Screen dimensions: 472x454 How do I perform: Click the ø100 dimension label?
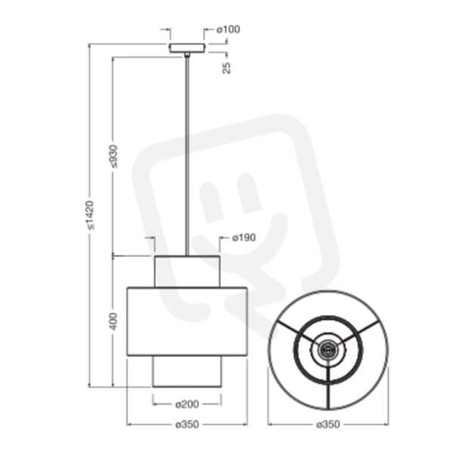point(228,30)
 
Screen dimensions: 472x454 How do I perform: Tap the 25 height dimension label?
point(226,68)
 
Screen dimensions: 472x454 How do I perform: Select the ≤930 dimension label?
point(113,157)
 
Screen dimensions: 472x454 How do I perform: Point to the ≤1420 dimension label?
point(90,215)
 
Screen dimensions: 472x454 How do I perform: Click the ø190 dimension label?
point(244,238)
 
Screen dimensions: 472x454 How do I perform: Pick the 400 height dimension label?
point(113,322)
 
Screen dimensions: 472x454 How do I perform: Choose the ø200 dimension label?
point(188,404)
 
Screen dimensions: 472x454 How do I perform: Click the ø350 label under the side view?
point(188,424)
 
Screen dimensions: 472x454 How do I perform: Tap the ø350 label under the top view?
point(328,424)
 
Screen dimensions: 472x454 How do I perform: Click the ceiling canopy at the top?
point(188,48)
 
